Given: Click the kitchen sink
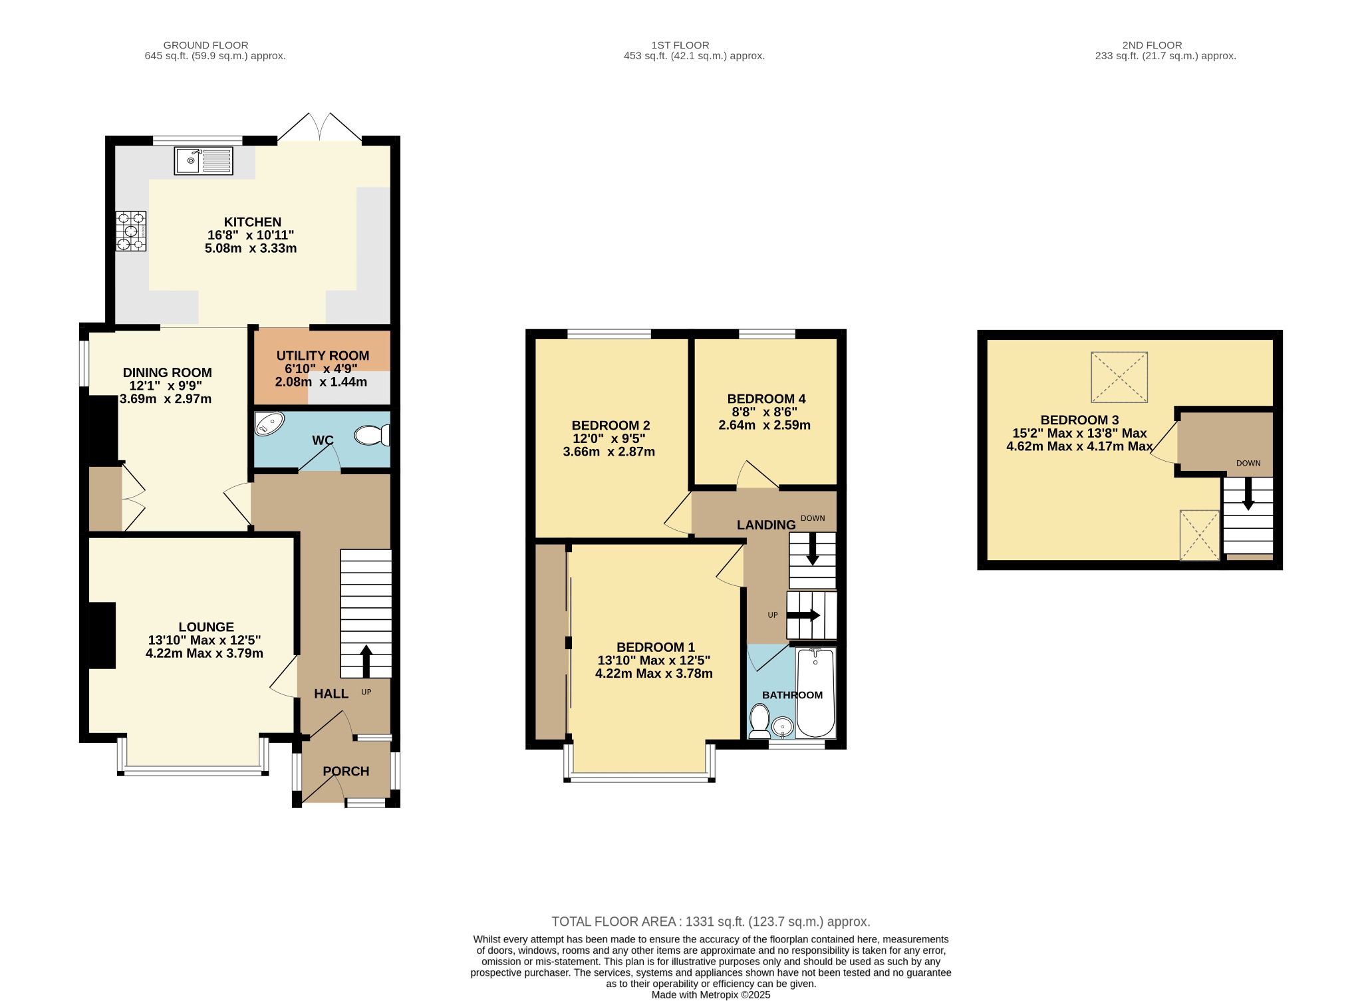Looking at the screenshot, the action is (x=204, y=161).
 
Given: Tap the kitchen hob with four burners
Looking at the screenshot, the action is (x=131, y=231).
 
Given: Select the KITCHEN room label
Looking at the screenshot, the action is (x=253, y=222).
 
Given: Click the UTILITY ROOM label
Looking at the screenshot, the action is (x=323, y=356).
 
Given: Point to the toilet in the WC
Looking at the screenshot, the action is (x=372, y=435).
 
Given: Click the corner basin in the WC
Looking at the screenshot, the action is (x=269, y=424).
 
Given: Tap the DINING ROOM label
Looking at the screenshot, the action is (x=168, y=372).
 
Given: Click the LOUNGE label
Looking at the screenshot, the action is (x=206, y=627).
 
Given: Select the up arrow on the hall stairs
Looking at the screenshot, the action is (x=366, y=660).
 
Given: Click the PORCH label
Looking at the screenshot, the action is (x=346, y=771).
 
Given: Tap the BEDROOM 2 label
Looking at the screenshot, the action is (x=611, y=425).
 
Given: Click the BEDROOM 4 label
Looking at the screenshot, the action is (x=766, y=398).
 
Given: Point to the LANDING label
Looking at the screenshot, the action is (x=766, y=525).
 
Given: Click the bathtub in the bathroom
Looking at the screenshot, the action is (x=815, y=692).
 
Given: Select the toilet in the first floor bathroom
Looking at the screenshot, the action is (x=759, y=721).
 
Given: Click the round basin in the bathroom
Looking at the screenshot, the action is (x=783, y=726).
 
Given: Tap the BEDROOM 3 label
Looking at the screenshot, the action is (x=1079, y=420).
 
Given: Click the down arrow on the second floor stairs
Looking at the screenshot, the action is (x=1248, y=494).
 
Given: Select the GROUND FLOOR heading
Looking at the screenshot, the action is (x=205, y=45).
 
